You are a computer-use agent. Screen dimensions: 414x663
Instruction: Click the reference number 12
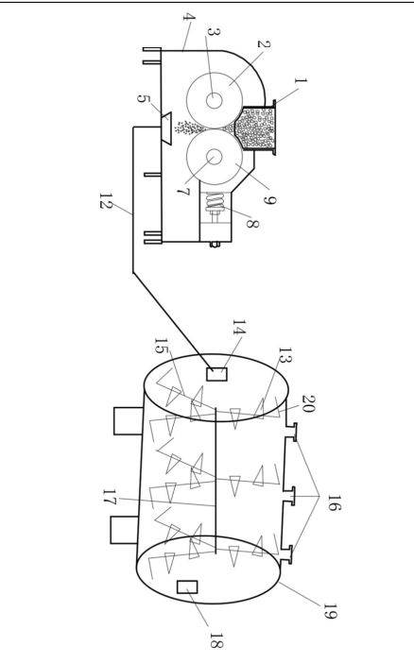(106, 200)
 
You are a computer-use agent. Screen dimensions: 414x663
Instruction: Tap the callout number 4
(189, 18)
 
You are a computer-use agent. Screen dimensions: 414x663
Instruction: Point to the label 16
(333, 502)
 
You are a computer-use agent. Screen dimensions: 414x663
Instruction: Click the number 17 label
(110, 497)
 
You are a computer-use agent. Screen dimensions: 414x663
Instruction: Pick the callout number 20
(309, 403)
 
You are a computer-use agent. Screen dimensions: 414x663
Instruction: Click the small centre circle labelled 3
(215, 100)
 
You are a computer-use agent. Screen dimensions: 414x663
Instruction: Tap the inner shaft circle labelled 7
(215, 158)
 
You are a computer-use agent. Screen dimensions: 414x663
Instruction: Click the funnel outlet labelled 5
(166, 128)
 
